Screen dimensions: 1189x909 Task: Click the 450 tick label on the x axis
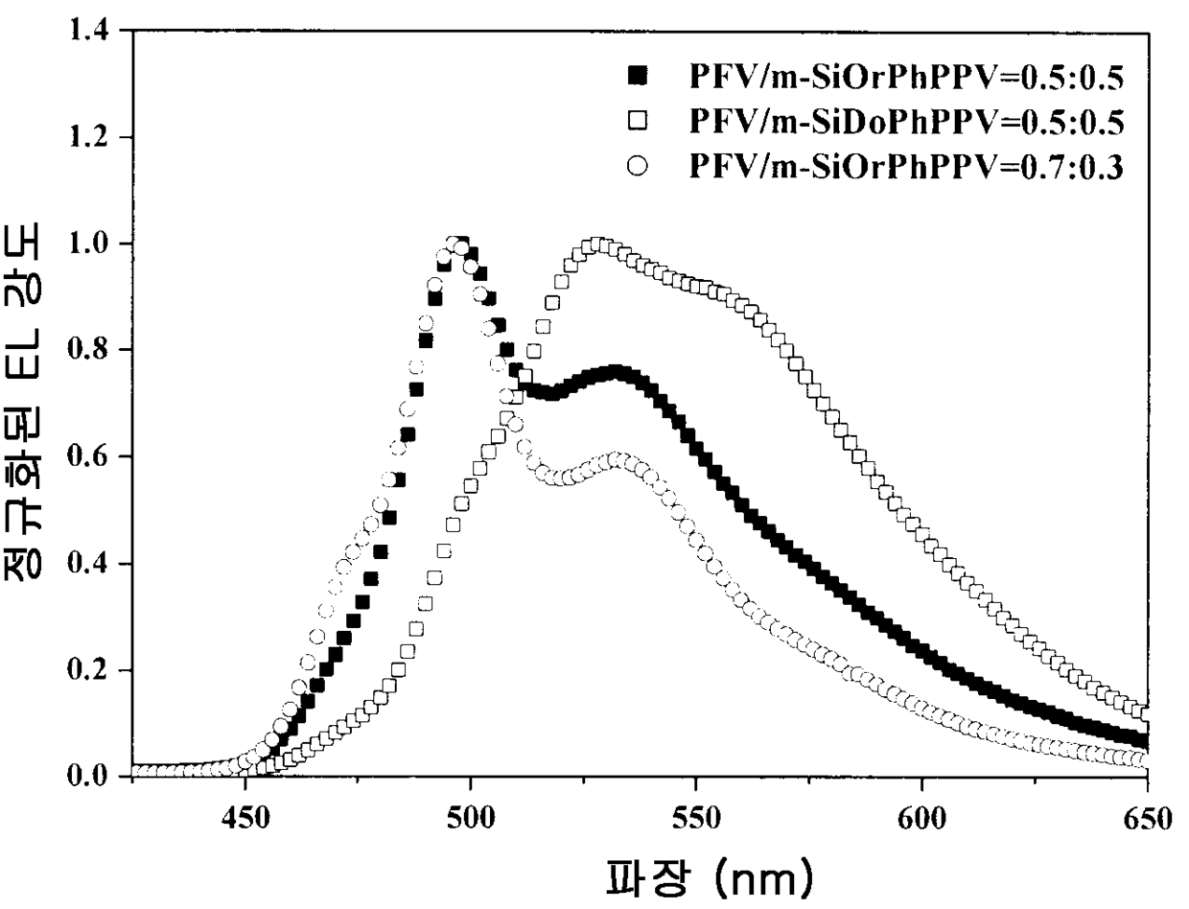[x=245, y=819]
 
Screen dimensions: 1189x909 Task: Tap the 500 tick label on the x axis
[x=471, y=819]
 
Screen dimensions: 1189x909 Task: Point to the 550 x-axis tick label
[x=696, y=819]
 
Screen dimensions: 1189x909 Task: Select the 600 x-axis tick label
[x=921, y=819]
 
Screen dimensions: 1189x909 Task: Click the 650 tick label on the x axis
[x=1147, y=819]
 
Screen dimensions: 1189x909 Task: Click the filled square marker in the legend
[x=638, y=76]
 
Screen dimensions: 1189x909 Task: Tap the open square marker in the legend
[x=638, y=120]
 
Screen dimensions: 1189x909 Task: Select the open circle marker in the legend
[x=638, y=165]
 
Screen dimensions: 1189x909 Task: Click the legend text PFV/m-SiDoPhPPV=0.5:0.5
[x=906, y=122]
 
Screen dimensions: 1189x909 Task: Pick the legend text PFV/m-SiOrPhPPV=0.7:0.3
[x=906, y=166]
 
